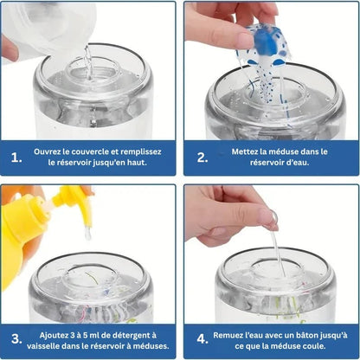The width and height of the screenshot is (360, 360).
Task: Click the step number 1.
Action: click(16, 157)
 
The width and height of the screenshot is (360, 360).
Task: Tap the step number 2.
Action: click(202, 157)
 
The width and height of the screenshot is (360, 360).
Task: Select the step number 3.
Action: click(16, 338)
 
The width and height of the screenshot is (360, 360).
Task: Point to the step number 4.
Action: click(202, 338)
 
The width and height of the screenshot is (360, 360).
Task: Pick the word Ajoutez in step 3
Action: click(54, 336)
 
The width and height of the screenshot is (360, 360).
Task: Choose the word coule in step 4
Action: click(316, 346)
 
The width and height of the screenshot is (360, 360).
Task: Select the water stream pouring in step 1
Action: click(88, 63)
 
